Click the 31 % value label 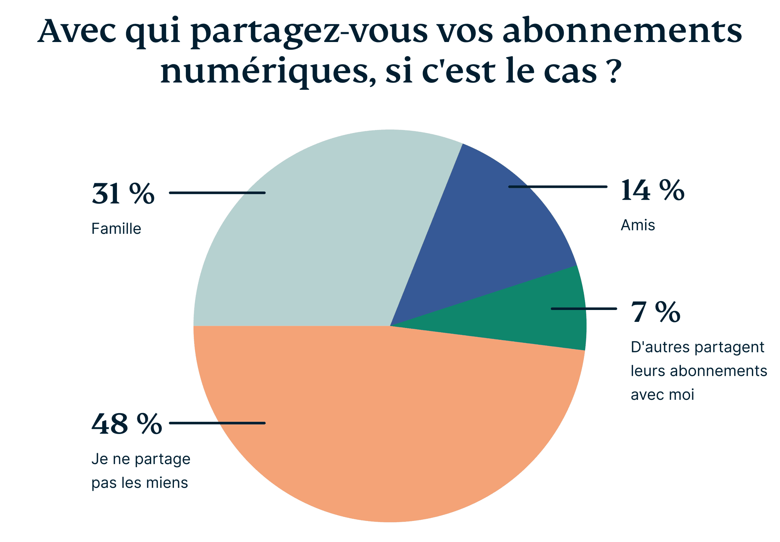tap(123, 194)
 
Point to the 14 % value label tap(652, 191)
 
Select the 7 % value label tap(656, 312)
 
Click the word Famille tap(116, 229)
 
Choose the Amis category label tap(638, 225)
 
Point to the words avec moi tap(662, 395)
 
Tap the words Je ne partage tap(141, 459)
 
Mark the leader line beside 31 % tap(218, 193)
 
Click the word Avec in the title tap(77, 31)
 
